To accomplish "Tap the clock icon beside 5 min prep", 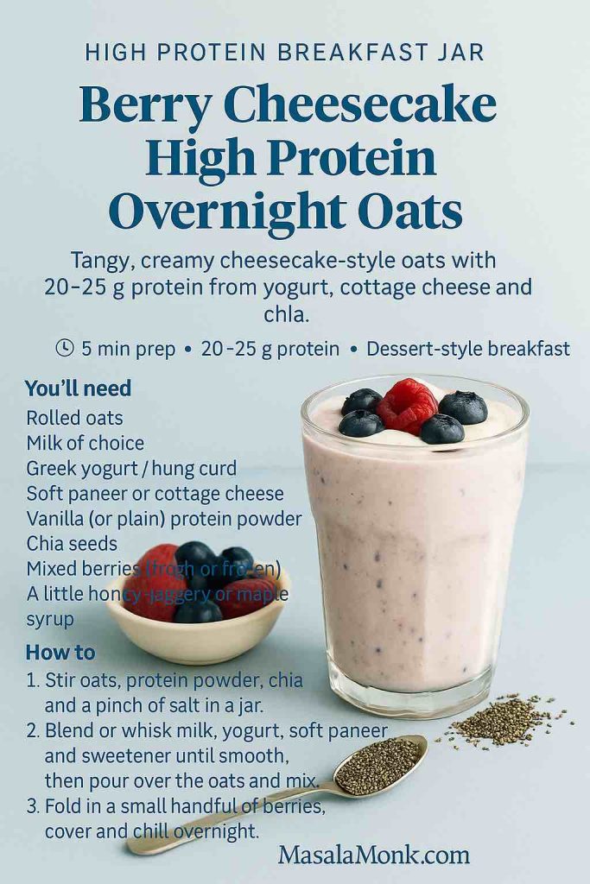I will tap(65, 348).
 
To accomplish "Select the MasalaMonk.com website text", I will tap(373, 855).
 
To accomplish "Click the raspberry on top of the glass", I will tap(407, 405).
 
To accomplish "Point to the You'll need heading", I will tap(78, 388).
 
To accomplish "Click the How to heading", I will tap(60, 652).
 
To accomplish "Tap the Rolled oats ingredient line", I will tap(74, 418).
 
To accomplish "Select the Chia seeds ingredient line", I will tap(72, 544).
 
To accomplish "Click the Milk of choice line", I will tap(85, 443).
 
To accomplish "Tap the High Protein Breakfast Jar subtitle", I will tap(284, 53).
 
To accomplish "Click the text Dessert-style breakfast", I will tap(467, 349).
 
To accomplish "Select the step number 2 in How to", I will tap(32, 731).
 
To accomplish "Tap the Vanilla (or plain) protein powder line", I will tap(163, 519).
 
